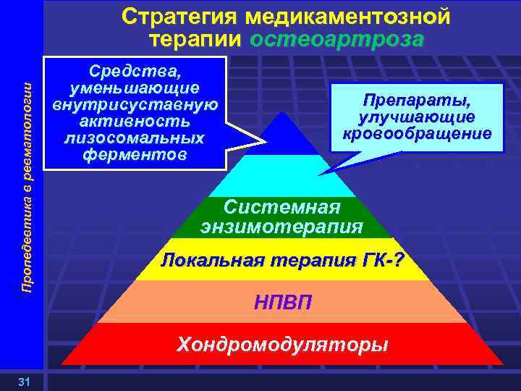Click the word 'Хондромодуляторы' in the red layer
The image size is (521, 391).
(x=283, y=344)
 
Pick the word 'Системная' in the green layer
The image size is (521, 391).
(x=281, y=206)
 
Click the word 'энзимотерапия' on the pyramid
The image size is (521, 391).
(x=281, y=227)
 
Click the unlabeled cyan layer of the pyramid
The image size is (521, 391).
(x=283, y=175)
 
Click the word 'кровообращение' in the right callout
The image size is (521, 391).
(x=417, y=134)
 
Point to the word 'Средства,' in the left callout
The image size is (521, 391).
(x=135, y=70)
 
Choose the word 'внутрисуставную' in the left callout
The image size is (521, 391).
(x=135, y=104)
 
